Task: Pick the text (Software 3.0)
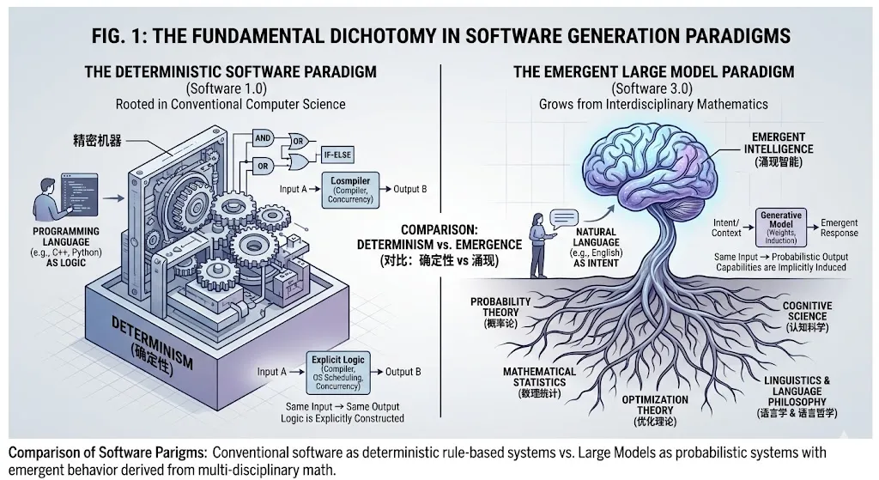tap(653, 88)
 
